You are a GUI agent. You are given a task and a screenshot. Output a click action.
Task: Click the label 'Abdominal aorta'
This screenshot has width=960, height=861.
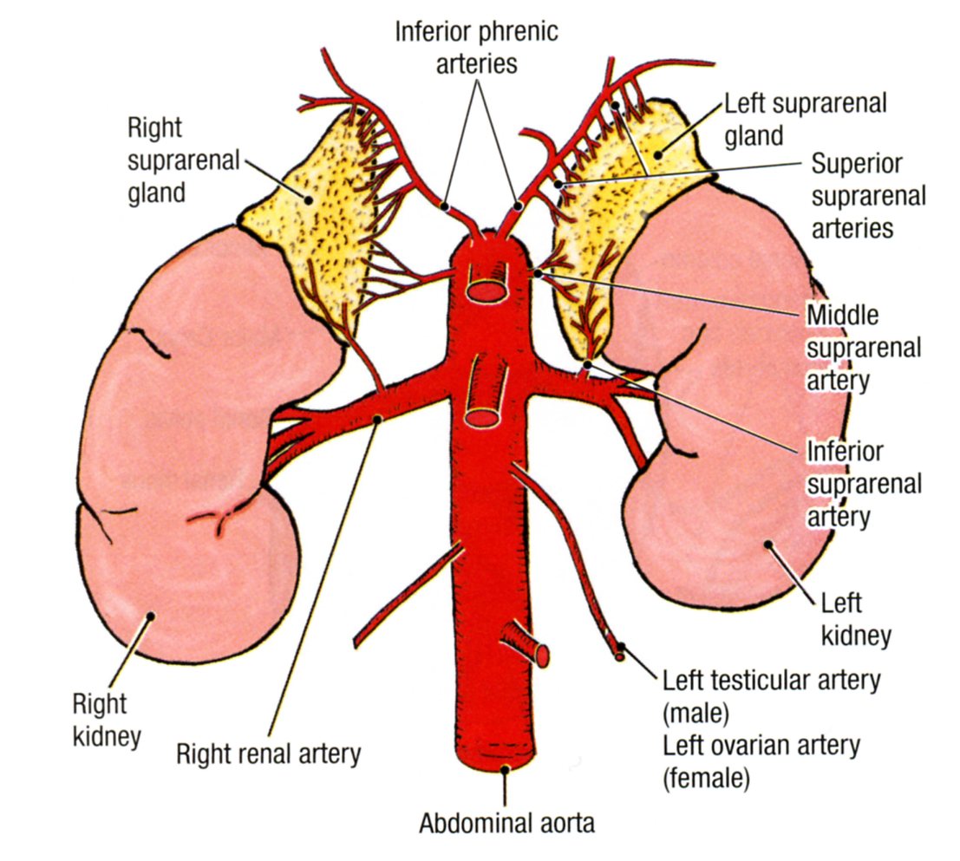pyautogui.click(x=507, y=823)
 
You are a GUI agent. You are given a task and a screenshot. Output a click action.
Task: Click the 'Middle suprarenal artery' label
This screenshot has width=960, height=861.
pyautogui.click(x=863, y=346)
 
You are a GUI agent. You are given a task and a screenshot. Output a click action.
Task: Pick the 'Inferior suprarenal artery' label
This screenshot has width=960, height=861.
pyautogui.click(x=863, y=484)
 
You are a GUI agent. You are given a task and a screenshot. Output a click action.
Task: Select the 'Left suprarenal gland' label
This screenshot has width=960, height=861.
pyautogui.click(x=793, y=119)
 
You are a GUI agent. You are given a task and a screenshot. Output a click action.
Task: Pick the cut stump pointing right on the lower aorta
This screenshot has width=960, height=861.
pyautogui.click(x=539, y=655)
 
